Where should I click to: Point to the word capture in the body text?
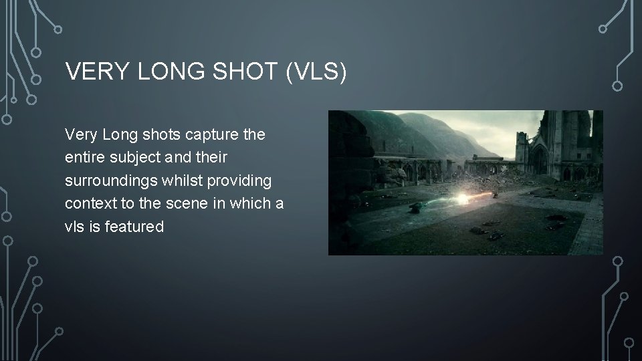tap(211, 135)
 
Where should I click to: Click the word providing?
tap(238, 181)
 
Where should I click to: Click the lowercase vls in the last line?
tap(75, 227)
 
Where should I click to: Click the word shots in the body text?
tap(158, 135)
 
